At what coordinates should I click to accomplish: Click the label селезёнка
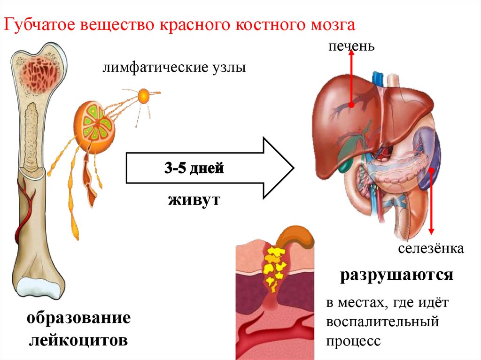[x=431, y=248]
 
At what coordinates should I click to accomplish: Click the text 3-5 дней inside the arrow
[x=193, y=168]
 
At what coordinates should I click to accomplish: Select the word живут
[x=193, y=200]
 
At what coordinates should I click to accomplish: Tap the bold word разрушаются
[x=397, y=275]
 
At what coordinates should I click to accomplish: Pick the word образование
[x=78, y=318]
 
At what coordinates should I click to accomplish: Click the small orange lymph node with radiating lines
[x=144, y=96]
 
